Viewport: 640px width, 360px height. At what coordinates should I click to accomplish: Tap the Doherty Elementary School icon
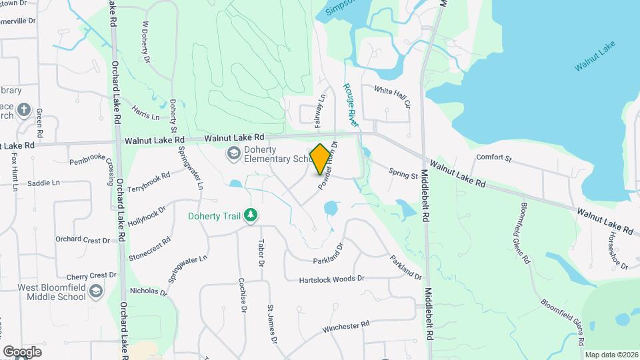[x=233, y=154]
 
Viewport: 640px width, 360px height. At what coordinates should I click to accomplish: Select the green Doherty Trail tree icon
[x=251, y=215]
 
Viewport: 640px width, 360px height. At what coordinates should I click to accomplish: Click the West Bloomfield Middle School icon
[x=96, y=291]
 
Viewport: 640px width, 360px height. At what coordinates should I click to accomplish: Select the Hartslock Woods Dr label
[x=332, y=278]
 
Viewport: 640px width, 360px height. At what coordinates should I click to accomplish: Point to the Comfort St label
[x=493, y=158]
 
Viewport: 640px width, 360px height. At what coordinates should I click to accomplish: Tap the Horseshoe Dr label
[x=614, y=255]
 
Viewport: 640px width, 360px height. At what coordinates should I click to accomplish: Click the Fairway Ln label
[x=320, y=111]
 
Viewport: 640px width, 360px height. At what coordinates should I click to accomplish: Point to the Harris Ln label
[x=146, y=112]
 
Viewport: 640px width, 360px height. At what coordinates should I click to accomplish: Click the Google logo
[x=22, y=351]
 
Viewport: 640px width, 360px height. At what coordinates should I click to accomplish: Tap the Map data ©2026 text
[x=610, y=355]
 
